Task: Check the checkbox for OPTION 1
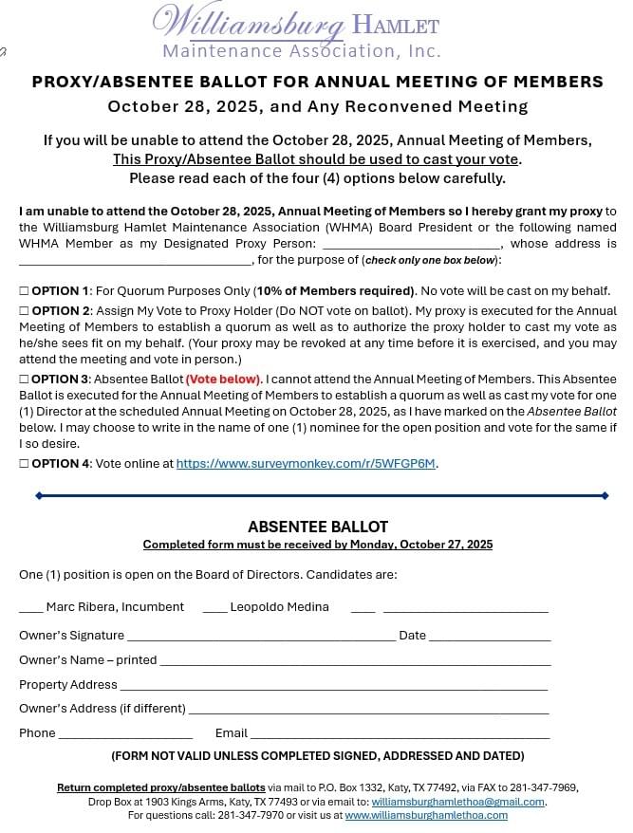tap(24, 290)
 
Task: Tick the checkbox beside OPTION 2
tap(24, 311)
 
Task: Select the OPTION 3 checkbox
tap(24, 379)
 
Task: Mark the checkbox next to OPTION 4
tap(24, 464)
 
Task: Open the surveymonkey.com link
tap(307, 464)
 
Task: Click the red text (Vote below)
tap(223, 379)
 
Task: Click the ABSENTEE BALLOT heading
tap(318, 527)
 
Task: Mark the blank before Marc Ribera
tap(30, 607)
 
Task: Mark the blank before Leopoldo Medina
tap(214, 607)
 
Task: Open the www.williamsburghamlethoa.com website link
tap(426, 815)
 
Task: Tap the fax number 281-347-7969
tap(543, 787)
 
